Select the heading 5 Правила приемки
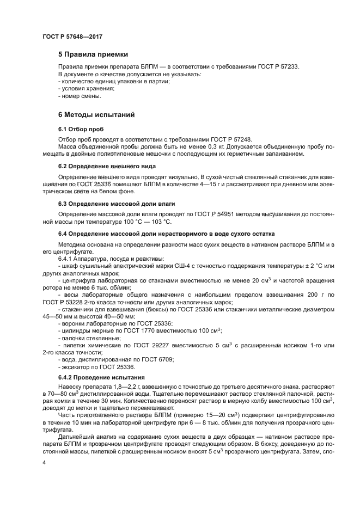click(x=93, y=54)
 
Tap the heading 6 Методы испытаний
click(x=97, y=115)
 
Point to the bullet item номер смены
click(x=81, y=96)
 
